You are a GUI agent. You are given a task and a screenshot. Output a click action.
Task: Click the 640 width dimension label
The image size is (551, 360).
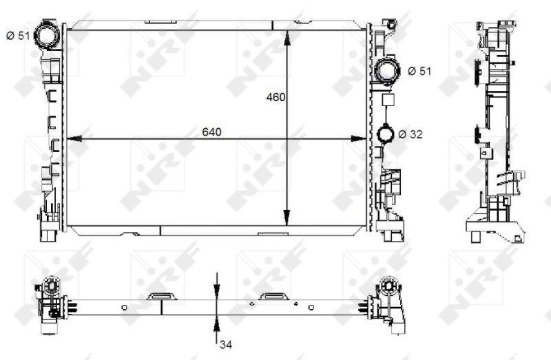211,131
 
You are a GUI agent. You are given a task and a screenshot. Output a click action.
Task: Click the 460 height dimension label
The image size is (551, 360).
275,97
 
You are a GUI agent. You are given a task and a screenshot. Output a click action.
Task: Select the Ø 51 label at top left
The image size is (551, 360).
18,36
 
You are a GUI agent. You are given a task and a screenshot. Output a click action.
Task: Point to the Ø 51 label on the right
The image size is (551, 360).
419,71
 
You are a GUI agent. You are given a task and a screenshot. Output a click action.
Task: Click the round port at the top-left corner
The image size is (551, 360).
48,34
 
